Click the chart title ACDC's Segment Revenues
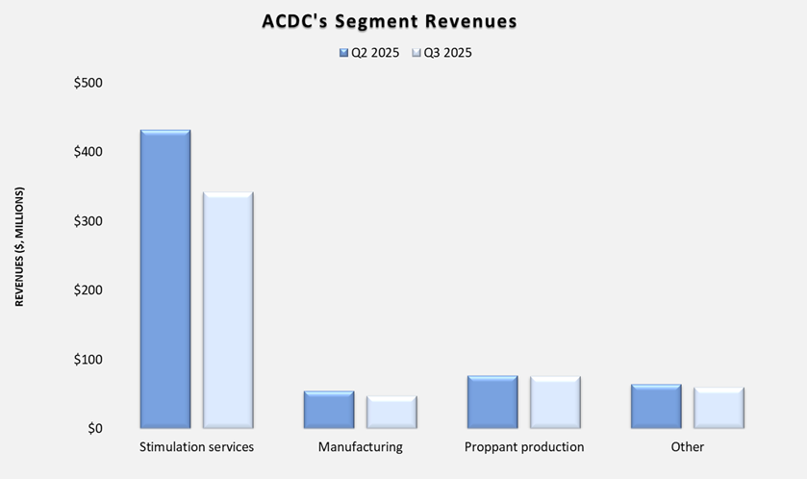pos(390,21)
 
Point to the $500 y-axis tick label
pos(88,83)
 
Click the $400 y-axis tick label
pos(88,152)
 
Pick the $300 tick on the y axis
pos(88,221)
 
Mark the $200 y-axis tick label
pos(88,290)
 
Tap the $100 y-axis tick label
pos(88,360)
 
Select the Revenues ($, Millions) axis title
pos(19,247)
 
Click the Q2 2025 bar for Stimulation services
pos(165,279)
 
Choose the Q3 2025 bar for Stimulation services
pos(228,311)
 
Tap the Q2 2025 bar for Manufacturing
pos(329,410)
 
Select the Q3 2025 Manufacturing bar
pos(391,413)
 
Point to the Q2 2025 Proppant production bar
pos(492,402)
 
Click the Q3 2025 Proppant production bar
pos(555,402)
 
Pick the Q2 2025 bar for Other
pos(656,407)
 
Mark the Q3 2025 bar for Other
pos(719,409)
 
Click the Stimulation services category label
pos(196,447)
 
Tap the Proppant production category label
pos(523,447)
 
